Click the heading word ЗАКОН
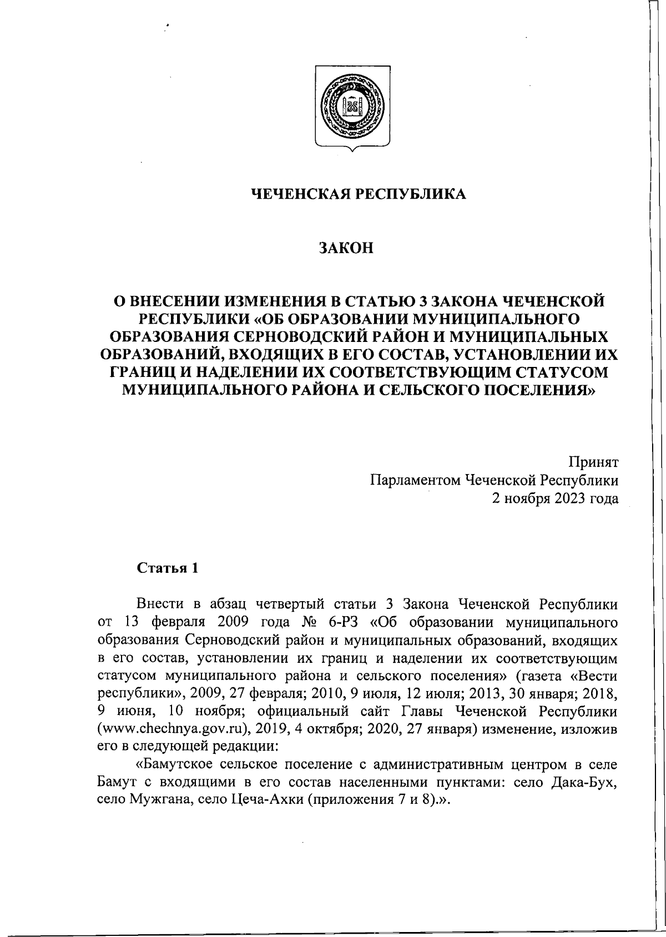(345, 248)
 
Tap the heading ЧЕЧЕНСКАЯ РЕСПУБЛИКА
(359, 194)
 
